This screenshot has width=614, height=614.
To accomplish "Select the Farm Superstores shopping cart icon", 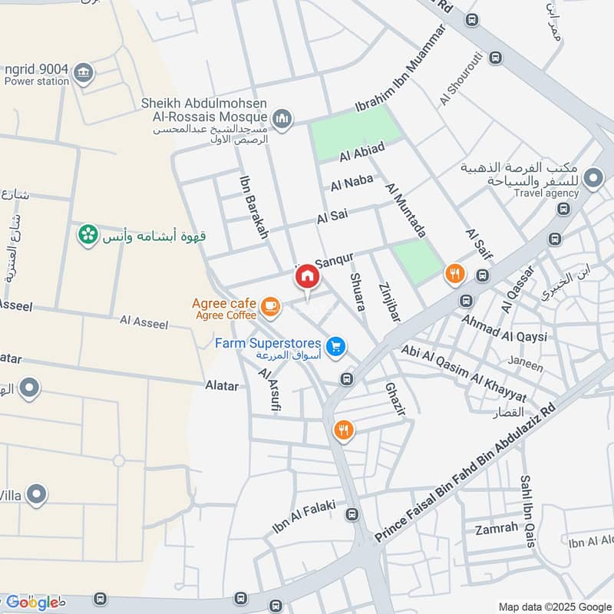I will [x=335, y=347].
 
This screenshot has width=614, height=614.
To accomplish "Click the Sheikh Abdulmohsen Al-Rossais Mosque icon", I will [x=282, y=118].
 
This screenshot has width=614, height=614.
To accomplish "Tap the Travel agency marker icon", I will [x=593, y=180].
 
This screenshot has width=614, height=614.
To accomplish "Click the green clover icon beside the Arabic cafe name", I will [x=88, y=234].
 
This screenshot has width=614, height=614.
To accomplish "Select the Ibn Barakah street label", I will [x=254, y=207].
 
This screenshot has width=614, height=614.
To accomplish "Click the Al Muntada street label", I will [x=407, y=210].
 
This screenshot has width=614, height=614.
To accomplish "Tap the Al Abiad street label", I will [x=361, y=153].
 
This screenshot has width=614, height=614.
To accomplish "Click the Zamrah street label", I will [x=497, y=530].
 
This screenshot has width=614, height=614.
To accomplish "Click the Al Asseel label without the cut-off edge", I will [x=144, y=323].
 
